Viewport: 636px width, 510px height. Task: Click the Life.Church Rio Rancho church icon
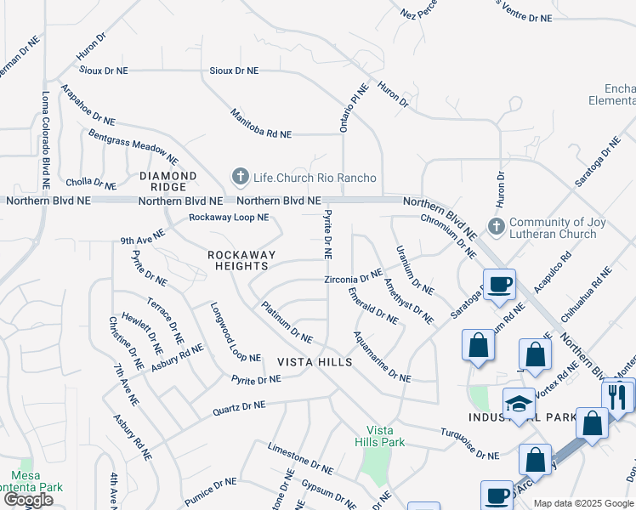point(241,177)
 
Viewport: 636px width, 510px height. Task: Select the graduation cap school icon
point(518,405)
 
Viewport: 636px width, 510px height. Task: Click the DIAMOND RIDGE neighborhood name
point(168,181)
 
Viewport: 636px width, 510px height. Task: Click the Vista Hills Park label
point(380,435)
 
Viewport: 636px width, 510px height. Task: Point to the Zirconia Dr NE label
point(353,278)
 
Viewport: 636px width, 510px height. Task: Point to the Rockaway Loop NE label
point(229,218)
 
